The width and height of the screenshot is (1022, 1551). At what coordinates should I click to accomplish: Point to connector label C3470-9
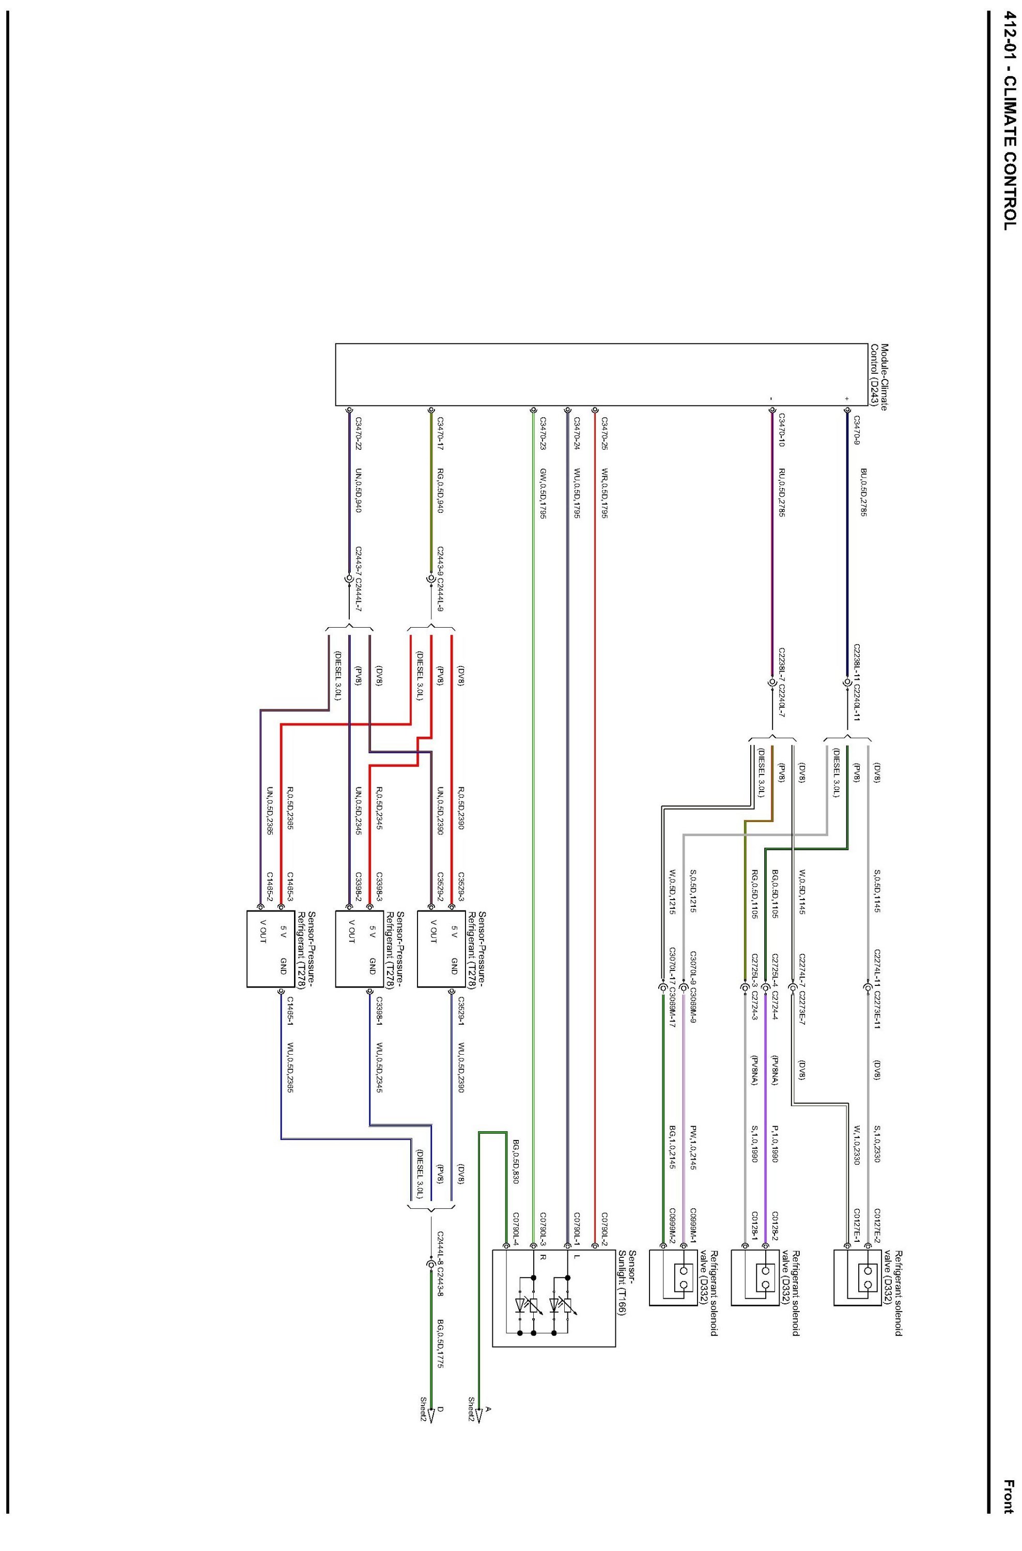click(x=857, y=431)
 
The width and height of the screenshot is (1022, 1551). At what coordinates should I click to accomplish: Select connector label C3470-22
click(x=358, y=434)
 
